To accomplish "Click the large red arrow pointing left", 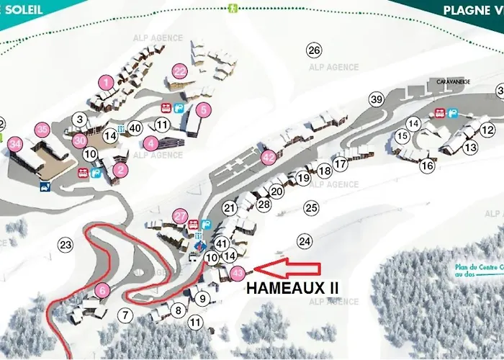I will pyautogui.click(x=287, y=269).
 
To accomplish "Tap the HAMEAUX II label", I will pyautogui.click(x=292, y=287).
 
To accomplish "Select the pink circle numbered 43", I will pyautogui.click(x=239, y=273).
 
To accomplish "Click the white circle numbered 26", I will pyautogui.click(x=313, y=50).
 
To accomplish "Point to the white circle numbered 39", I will pyautogui.click(x=376, y=99).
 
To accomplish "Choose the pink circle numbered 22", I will pyautogui.click(x=179, y=71).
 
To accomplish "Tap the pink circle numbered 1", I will pyautogui.click(x=107, y=83).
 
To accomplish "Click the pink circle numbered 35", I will pyautogui.click(x=42, y=129).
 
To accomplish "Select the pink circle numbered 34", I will pyautogui.click(x=16, y=143).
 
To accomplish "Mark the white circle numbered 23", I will pyautogui.click(x=66, y=245).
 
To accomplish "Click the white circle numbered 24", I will pyautogui.click(x=305, y=240).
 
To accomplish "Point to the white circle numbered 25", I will pyautogui.click(x=311, y=208).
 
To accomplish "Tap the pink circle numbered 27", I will pyautogui.click(x=180, y=215).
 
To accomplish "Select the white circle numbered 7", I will pyautogui.click(x=126, y=315).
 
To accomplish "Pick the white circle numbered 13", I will pyautogui.click(x=470, y=148).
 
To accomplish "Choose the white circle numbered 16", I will pyautogui.click(x=428, y=166).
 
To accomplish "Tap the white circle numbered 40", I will pyautogui.click(x=135, y=128).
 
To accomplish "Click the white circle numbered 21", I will pyautogui.click(x=230, y=208).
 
